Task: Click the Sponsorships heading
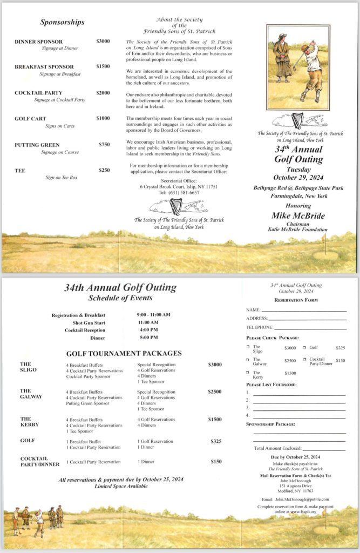pos(62,22)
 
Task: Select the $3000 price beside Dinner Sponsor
pos(103,42)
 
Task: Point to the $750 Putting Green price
pos(104,145)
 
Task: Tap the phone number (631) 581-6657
pos(179,192)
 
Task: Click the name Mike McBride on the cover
pos(298,216)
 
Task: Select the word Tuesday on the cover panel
pos(298,169)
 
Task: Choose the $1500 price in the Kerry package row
pos(214,419)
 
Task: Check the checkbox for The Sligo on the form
pos(248,347)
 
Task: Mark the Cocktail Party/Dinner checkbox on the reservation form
pos(305,359)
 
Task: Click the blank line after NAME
pos(304,311)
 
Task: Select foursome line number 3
pos(298,408)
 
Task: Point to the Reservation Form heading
pos(296,300)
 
